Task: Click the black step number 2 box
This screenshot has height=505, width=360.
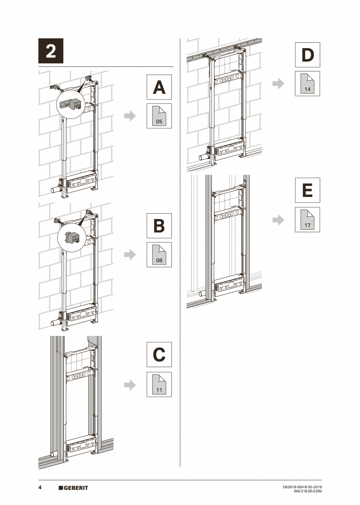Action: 51,51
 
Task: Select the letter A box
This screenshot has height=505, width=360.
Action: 159,87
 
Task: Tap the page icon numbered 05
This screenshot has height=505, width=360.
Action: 159,116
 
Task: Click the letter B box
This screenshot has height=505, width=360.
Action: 159,226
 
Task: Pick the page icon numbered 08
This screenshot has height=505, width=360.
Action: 159,255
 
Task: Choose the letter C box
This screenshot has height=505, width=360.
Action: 159,355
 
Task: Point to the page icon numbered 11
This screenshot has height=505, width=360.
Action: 159,385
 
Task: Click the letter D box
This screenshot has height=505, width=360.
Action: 307,55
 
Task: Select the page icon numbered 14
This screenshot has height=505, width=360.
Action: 307,84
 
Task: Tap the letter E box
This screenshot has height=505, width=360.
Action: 307,190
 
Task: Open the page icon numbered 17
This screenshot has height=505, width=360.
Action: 307,220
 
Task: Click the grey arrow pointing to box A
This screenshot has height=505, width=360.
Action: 130,116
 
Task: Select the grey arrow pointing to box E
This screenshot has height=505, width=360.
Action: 278,220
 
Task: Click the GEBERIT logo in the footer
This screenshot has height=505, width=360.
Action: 73,488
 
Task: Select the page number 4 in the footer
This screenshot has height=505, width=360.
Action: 40,488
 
